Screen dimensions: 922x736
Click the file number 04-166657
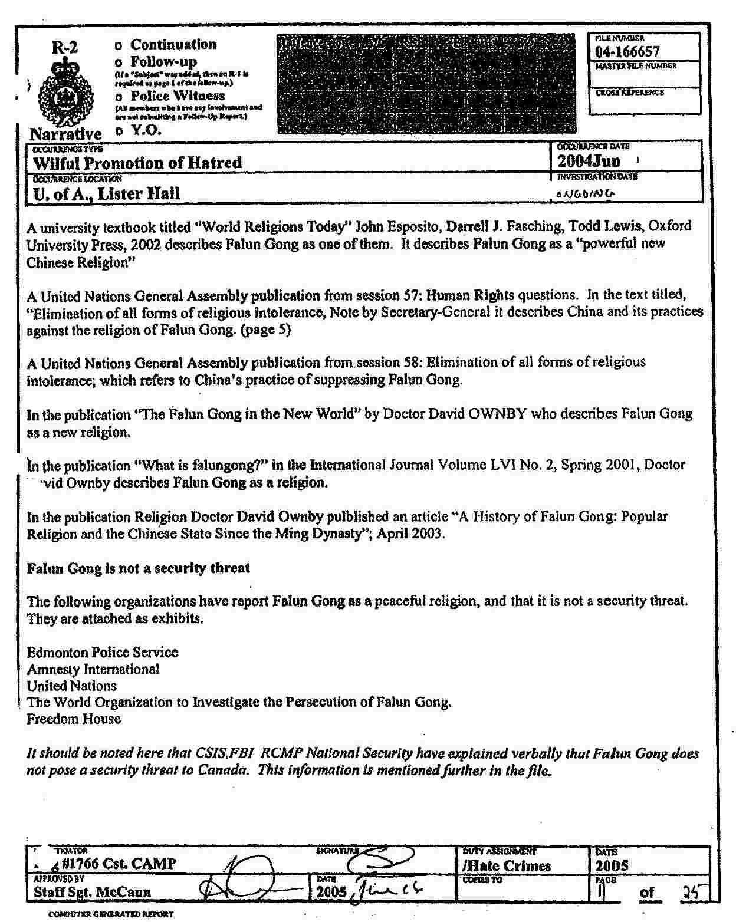[627, 52]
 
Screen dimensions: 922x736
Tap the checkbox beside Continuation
[119, 45]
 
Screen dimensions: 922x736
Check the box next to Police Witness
[119, 97]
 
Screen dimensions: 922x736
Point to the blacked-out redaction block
[425, 83]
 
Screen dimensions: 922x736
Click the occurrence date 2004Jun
[589, 160]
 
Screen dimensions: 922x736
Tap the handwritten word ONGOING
[584, 193]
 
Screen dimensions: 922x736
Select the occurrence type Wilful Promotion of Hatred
[137, 163]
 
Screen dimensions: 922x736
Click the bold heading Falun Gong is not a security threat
[139, 568]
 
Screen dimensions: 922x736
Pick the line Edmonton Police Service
[103, 653]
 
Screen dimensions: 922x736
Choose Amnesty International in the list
[93, 670]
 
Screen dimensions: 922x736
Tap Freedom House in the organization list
[74, 719]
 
